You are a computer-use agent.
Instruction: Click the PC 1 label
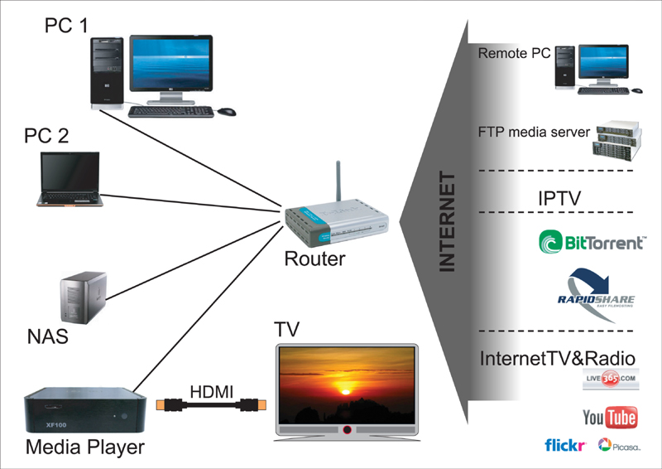pyautogui.click(x=66, y=26)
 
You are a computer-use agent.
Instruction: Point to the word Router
pyautogui.click(x=314, y=259)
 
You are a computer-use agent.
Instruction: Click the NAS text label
pyautogui.click(x=47, y=336)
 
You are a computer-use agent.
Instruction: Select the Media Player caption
pyautogui.click(x=85, y=448)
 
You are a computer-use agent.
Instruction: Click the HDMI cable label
pyautogui.click(x=212, y=389)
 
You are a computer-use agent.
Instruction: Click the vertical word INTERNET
pyautogui.click(x=447, y=222)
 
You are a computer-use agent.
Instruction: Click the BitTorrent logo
pyautogui.click(x=592, y=242)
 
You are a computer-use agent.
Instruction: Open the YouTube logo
pyautogui.click(x=610, y=417)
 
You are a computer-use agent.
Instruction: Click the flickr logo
pyautogui.click(x=566, y=445)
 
